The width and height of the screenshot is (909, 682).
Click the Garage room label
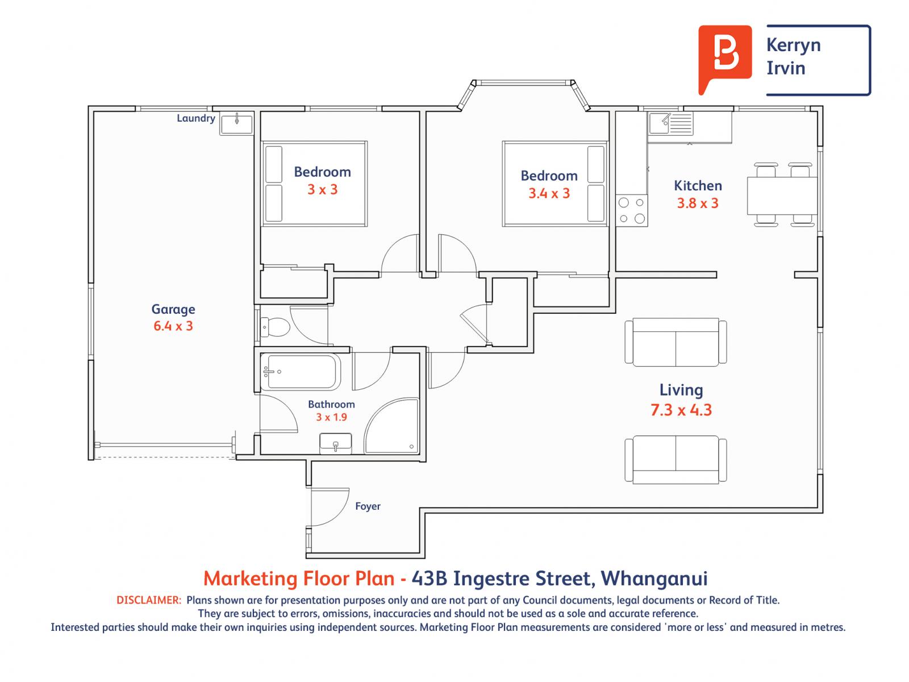(173, 309)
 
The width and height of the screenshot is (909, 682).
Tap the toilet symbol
(275, 327)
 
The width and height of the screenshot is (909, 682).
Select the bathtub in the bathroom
(301, 372)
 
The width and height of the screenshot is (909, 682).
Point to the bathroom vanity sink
(335, 443)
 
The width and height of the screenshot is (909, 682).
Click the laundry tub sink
(236, 122)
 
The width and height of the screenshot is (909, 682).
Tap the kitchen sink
(671, 123)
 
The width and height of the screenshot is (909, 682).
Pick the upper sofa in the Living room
(676, 342)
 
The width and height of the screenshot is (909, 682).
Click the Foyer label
(368, 506)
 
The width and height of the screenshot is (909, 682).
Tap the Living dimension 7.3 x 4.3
(681, 410)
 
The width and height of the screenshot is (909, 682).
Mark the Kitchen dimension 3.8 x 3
(698, 203)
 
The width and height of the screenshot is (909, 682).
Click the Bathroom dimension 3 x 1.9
(331, 417)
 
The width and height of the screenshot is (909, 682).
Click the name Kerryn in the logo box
(794, 45)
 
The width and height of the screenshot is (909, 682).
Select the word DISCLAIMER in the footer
(149, 600)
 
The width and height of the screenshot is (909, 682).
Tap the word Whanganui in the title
(654, 579)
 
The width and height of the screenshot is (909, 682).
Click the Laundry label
(196, 118)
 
